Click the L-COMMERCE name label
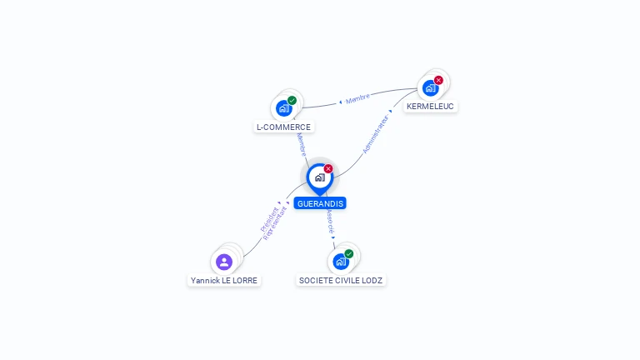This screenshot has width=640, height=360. click(x=283, y=127)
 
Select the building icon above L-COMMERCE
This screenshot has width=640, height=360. click(x=284, y=108)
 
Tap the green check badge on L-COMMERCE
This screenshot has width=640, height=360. click(x=292, y=100)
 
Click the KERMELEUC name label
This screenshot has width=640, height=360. click(x=430, y=107)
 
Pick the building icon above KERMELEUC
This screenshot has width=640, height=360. click(x=430, y=87)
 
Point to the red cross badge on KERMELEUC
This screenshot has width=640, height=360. click(x=438, y=80)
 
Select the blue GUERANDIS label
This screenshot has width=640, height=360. click(x=319, y=203)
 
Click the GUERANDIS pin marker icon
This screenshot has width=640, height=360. click(x=319, y=177)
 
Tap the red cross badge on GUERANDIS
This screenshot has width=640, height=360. click(x=328, y=169)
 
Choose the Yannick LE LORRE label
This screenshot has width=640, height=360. click(x=224, y=281)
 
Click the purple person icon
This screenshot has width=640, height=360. click(x=224, y=262)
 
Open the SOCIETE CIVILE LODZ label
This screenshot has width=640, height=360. click(x=341, y=281)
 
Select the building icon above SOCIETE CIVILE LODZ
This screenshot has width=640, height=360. click(x=340, y=262)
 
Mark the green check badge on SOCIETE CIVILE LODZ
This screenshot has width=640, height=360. click(x=349, y=253)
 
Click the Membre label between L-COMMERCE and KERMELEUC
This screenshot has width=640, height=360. click(x=357, y=98)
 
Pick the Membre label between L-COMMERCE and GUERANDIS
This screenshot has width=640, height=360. click(x=302, y=144)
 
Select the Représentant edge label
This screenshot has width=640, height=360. click(x=275, y=222)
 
